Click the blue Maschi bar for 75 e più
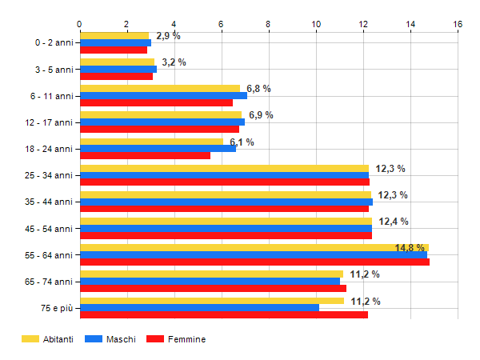click(199, 308)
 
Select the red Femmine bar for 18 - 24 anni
click(145, 155)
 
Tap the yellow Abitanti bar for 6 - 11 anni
click(159, 89)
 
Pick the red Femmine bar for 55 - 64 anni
click(254, 262)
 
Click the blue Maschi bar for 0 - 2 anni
click(115, 42)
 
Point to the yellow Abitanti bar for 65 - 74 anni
click(211, 274)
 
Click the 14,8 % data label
click(410, 248)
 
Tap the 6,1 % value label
click(242, 142)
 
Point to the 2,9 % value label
click(168, 36)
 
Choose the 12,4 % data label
click(393, 222)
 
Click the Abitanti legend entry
click(48, 339)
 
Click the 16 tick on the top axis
click(458, 24)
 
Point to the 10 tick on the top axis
click(316, 24)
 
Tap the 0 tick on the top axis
click(80, 24)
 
